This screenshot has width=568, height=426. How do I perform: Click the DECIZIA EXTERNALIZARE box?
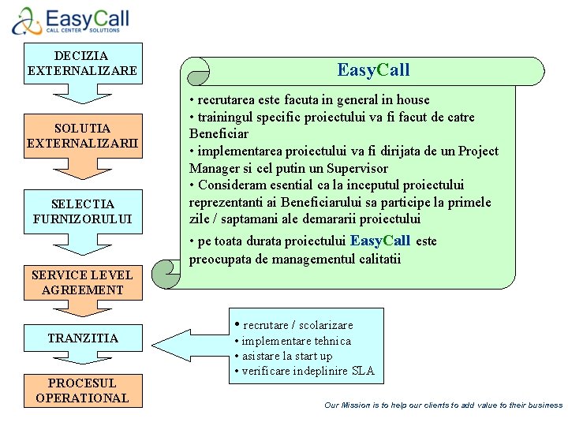82,63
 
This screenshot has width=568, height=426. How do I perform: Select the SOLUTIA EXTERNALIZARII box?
82,136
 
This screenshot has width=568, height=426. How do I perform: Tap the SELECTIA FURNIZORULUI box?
82,211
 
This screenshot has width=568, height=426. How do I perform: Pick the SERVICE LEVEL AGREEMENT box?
82,282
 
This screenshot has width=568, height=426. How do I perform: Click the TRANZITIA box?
82,338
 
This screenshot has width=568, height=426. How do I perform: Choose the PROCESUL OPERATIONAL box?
82,390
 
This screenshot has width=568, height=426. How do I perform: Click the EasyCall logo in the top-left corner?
71,21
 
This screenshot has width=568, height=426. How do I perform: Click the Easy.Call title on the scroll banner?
373,70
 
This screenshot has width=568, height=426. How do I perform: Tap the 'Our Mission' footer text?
443,405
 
